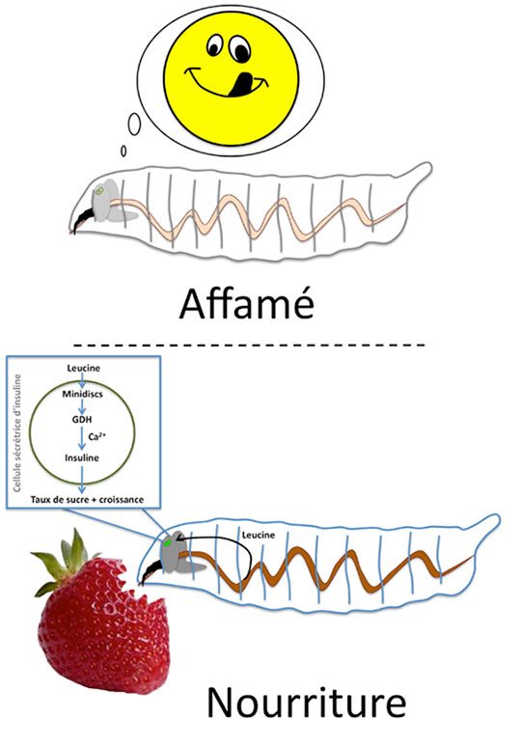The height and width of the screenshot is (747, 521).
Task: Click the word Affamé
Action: tap(247, 303)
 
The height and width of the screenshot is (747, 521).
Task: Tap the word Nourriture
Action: tap(306, 702)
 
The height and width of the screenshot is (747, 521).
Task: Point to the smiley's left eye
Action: tap(215, 43)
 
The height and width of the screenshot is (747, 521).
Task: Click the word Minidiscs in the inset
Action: tap(82, 394)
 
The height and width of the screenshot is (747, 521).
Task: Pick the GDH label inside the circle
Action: tap(82, 420)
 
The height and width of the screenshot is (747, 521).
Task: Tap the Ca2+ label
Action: tap(96, 436)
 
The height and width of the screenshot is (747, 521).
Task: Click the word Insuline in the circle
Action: tap(82, 457)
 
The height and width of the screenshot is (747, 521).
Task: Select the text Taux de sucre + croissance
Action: tap(87, 499)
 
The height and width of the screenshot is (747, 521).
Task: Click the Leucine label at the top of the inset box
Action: tap(83, 368)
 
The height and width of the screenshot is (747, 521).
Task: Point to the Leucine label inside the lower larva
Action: tap(259, 535)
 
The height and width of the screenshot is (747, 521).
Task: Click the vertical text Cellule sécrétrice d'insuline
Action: tap(17, 433)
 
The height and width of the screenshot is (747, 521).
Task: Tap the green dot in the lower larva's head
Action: tap(167, 542)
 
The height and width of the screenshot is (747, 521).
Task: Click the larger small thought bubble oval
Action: tap(135, 124)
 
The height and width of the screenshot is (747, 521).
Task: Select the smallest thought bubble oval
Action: tap(123, 151)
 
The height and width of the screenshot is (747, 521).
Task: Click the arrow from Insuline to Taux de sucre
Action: tap(82, 479)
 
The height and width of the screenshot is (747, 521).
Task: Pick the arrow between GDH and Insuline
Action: tap(82, 438)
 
